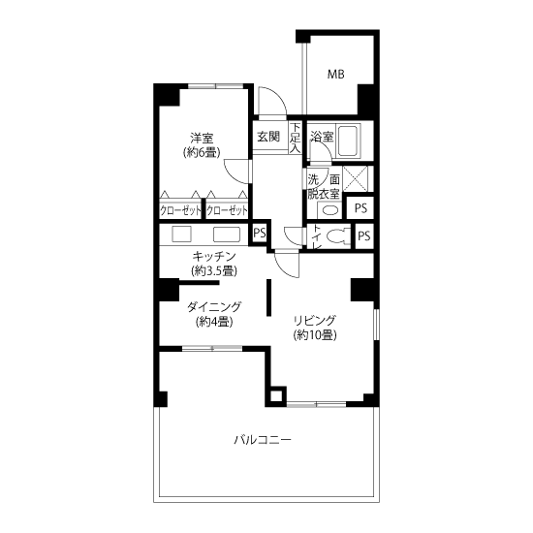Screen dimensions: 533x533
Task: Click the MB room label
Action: [335, 74]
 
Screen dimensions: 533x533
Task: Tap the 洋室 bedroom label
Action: [202, 139]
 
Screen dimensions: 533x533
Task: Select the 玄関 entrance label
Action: [268, 137]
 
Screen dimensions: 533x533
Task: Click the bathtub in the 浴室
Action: [348, 141]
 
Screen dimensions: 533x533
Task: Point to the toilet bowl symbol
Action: [336, 235]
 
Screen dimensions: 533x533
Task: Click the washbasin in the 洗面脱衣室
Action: [329, 210]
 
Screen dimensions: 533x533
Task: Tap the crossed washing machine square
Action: [355, 179]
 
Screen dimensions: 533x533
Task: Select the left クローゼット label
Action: [180, 211]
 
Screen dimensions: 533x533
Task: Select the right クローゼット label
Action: [227, 211]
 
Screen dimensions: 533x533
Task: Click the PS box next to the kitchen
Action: [260, 234]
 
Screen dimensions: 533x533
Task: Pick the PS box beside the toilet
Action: [364, 235]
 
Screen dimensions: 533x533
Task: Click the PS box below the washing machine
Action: [360, 207]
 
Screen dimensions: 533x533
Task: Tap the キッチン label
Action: [214, 256]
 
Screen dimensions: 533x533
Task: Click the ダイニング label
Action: [214, 307]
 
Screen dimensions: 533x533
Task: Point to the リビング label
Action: [315, 321]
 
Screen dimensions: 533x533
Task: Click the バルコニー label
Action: [263, 440]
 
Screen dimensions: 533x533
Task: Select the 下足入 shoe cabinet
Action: [296, 138]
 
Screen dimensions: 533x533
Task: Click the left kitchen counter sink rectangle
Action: [181, 235]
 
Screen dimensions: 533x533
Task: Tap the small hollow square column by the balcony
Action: [275, 396]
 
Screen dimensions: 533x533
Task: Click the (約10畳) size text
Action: [315, 335]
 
